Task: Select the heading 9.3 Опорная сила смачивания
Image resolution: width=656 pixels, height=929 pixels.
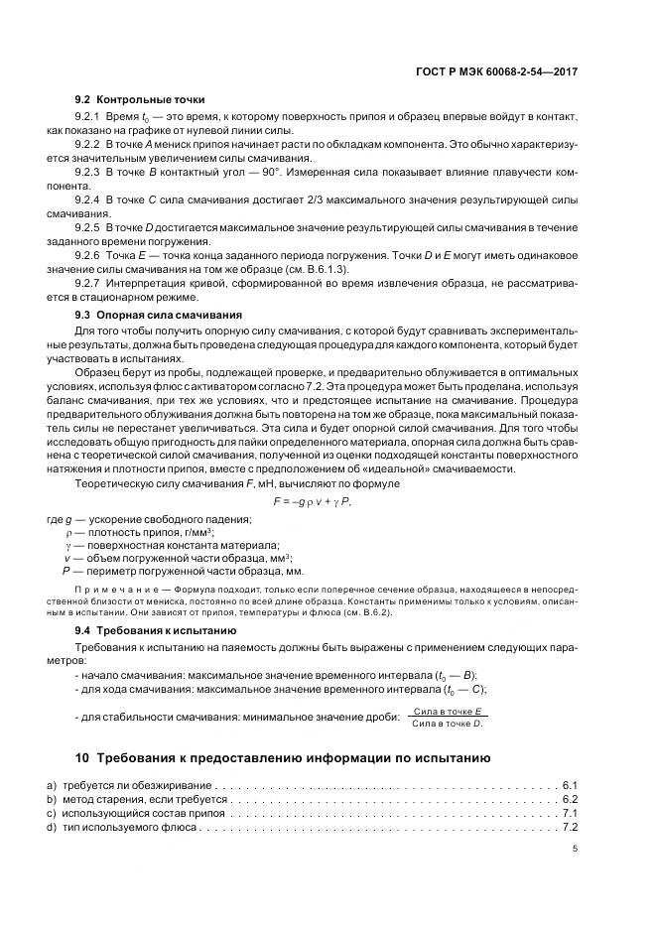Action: tap(161, 313)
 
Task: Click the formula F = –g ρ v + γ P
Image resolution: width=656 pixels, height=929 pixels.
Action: tap(313, 501)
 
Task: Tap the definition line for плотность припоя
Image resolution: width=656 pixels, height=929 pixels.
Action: tap(139, 532)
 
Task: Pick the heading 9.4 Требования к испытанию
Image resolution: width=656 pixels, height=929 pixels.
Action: tap(155, 630)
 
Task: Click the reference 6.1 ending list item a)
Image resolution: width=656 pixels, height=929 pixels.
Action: tap(570, 785)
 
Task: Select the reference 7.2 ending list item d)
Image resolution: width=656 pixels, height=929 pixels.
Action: tap(570, 827)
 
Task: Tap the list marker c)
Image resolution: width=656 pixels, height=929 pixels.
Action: tap(52, 813)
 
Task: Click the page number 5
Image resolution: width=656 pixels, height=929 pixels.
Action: tap(575, 849)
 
